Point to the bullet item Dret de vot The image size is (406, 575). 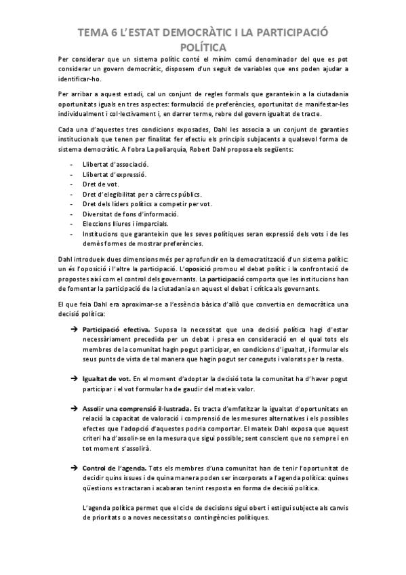pos(99,184)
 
